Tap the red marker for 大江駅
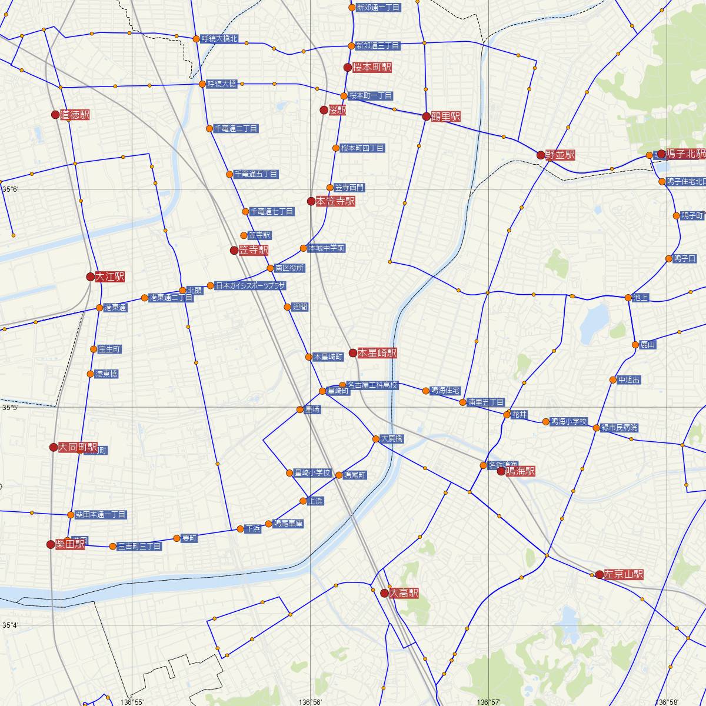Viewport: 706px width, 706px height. pos(90,277)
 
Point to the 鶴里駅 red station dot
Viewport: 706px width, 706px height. pos(427,116)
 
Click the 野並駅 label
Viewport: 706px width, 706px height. pos(560,155)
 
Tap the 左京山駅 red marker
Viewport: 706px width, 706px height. pos(599,574)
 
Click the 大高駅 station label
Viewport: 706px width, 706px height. pos(404,594)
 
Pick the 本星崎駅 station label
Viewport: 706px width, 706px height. pos(377,353)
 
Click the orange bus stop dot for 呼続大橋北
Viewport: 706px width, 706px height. pos(197,39)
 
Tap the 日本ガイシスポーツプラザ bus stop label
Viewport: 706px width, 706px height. pos(251,286)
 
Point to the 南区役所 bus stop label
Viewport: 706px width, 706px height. pos(289,268)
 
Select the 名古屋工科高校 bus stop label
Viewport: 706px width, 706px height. pos(372,385)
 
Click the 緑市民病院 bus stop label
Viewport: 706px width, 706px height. pos(620,428)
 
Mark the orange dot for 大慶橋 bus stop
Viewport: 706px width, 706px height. pos(376,439)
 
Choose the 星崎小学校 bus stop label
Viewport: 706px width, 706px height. pos(312,473)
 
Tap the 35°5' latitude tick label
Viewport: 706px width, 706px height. pos(10,407)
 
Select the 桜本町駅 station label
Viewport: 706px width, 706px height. pos(372,68)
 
